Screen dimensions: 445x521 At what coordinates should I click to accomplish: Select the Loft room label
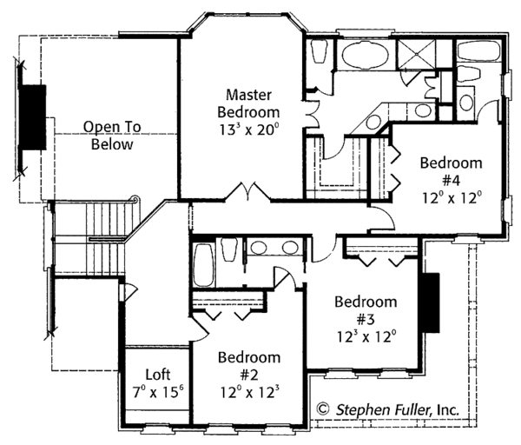tap(157, 375)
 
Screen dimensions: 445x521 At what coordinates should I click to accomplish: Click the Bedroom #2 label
tap(249, 365)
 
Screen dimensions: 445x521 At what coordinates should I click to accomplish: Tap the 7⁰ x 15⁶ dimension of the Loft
tap(157, 392)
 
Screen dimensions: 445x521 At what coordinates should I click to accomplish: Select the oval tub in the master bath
tap(366, 60)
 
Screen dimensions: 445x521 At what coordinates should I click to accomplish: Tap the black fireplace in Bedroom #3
tap(430, 302)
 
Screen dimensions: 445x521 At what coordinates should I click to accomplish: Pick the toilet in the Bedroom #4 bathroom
tap(465, 103)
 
